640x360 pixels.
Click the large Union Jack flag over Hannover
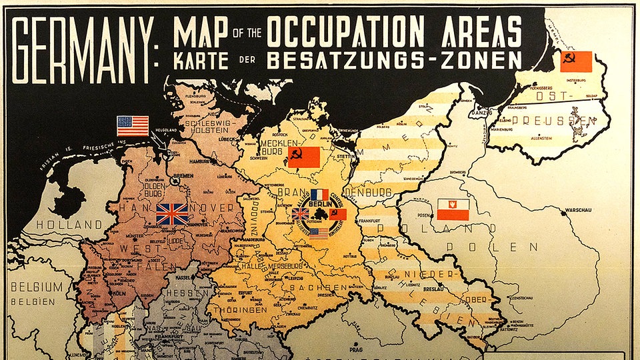pyautogui.click(x=172, y=214)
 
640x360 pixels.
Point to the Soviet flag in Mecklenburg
pyautogui.click(x=304, y=157)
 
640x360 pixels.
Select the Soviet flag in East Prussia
pyautogui.click(x=576, y=61)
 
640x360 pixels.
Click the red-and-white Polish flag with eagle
pyautogui.click(x=453, y=209)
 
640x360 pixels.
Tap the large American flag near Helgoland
pyautogui.click(x=133, y=125)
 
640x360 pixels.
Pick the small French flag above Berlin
pyautogui.click(x=319, y=195)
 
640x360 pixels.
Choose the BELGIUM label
pyautogui.click(x=36, y=287)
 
